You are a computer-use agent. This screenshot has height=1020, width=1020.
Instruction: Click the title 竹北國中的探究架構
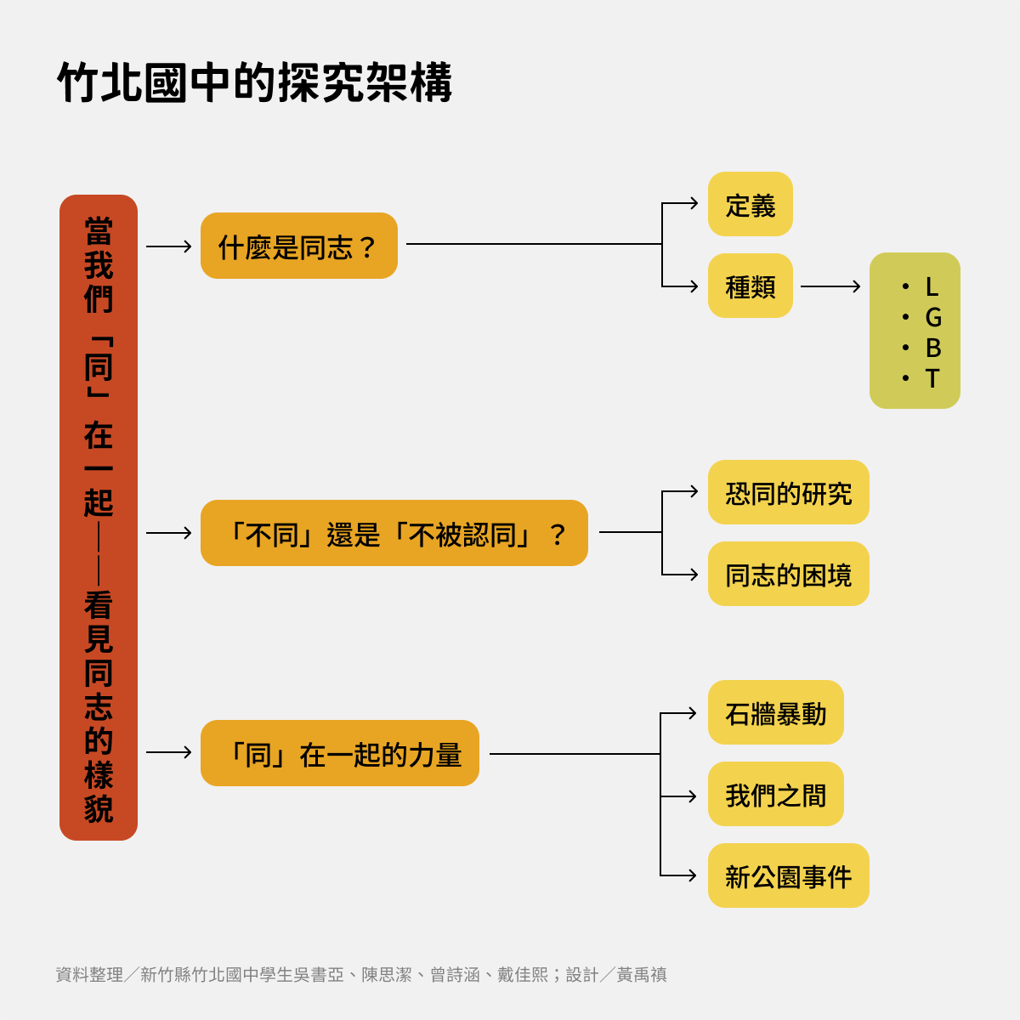pyautogui.click(x=254, y=82)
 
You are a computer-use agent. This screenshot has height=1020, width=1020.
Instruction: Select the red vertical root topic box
pyautogui.click(x=99, y=517)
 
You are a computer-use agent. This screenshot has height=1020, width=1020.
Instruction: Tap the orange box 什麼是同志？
pyautogui.click(x=298, y=246)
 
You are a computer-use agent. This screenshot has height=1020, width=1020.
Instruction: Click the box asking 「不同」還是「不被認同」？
pyautogui.click(x=394, y=533)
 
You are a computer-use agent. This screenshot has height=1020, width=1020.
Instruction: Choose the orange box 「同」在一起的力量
pyautogui.click(x=339, y=753)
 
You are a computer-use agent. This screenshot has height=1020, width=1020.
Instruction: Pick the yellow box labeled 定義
pyautogui.click(x=750, y=204)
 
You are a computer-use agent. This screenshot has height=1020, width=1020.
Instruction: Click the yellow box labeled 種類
pyautogui.click(x=750, y=286)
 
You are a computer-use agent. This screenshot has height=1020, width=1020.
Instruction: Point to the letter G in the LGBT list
pyautogui.click(x=932, y=317)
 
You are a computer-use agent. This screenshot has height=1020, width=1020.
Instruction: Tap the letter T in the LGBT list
pyautogui.click(x=932, y=378)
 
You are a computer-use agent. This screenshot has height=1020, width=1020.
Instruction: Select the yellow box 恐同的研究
pyautogui.click(x=788, y=492)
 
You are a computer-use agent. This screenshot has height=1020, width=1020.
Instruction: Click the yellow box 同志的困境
pyautogui.click(x=788, y=574)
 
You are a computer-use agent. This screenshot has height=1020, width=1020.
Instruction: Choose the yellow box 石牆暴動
pyautogui.click(x=775, y=712)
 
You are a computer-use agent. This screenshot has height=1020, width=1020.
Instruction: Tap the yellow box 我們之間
pyautogui.click(x=775, y=794)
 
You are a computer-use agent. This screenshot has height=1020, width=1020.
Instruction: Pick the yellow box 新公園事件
pyautogui.click(x=788, y=875)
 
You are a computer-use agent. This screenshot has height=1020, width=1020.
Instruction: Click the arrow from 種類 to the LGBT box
pyautogui.click(x=830, y=286)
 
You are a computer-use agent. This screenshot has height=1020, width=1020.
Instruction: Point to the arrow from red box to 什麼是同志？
pyautogui.click(x=169, y=246)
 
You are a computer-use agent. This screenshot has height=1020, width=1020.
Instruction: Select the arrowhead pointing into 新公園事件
pyautogui.click(x=692, y=875)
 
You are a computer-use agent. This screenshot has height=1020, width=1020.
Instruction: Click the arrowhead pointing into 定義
pyautogui.click(x=693, y=203)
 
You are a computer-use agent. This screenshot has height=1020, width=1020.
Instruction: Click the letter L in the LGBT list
pyautogui.click(x=932, y=286)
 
